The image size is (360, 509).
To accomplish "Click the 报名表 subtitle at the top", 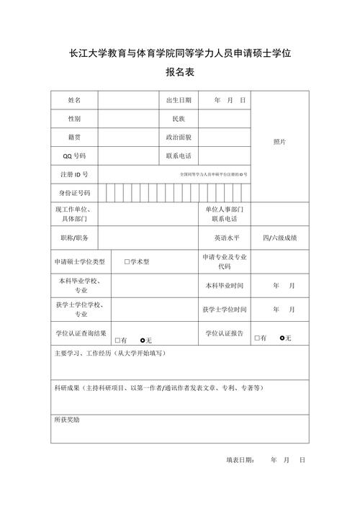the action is tap(180, 73).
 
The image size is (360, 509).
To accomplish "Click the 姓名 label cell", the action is tap(74, 100).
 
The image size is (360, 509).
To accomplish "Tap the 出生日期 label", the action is tap(179, 100).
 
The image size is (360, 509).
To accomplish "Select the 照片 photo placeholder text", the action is tap(279, 142).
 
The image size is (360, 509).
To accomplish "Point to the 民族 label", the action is tap(179, 118).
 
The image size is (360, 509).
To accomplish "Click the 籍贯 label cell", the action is tap(74, 136).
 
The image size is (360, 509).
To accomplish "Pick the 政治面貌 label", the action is tap(179, 136).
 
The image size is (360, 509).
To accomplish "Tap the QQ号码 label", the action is tap(74, 156).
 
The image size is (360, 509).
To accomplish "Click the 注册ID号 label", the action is tap(74, 174).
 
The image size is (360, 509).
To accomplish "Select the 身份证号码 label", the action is tap(74, 193).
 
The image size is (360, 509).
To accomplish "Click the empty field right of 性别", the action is tap(128, 118).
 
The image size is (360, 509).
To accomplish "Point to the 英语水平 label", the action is tap(225, 237).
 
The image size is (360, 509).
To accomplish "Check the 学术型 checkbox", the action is tap(127, 262).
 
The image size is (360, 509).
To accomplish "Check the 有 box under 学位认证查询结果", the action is tap(118, 340).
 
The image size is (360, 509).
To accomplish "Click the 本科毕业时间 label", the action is tap(225, 286).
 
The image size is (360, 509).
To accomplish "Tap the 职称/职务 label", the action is tap(74, 237).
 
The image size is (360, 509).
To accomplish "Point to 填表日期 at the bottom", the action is tap(240, 459).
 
